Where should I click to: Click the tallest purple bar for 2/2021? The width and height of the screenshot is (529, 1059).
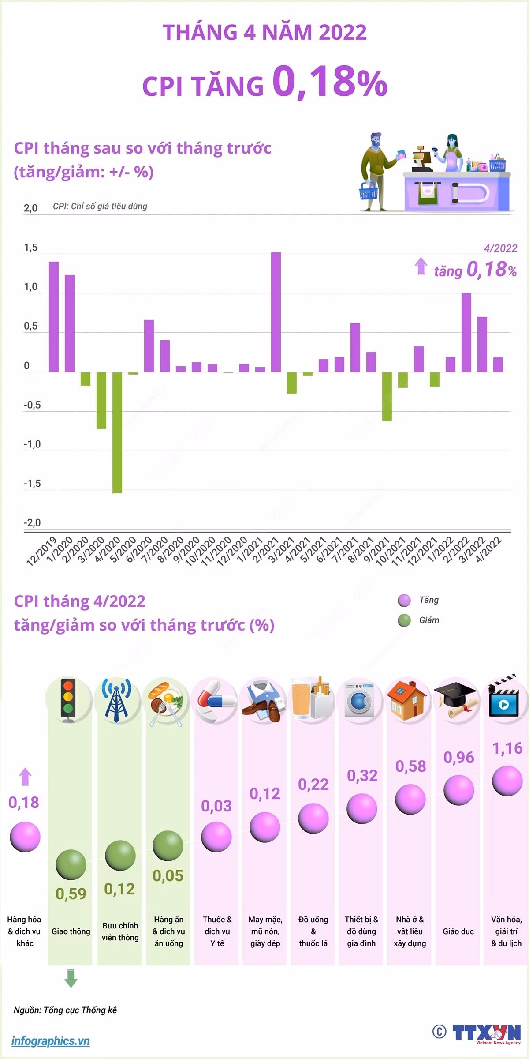point(276,312)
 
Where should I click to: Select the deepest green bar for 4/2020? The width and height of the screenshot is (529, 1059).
point(117,432)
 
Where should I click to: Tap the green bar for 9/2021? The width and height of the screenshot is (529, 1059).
point(387,396)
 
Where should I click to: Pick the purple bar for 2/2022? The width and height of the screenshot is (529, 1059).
point(466,332)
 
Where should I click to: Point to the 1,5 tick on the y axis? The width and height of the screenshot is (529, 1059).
point(30,248)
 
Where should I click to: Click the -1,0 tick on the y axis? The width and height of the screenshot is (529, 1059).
point(32,444)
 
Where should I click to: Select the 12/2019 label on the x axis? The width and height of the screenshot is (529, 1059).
point(42,551)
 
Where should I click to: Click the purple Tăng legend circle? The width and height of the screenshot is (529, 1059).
point(404,601)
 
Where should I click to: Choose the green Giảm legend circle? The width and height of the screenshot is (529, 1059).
point(404,621)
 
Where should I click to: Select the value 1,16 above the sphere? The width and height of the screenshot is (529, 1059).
point(507,748)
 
